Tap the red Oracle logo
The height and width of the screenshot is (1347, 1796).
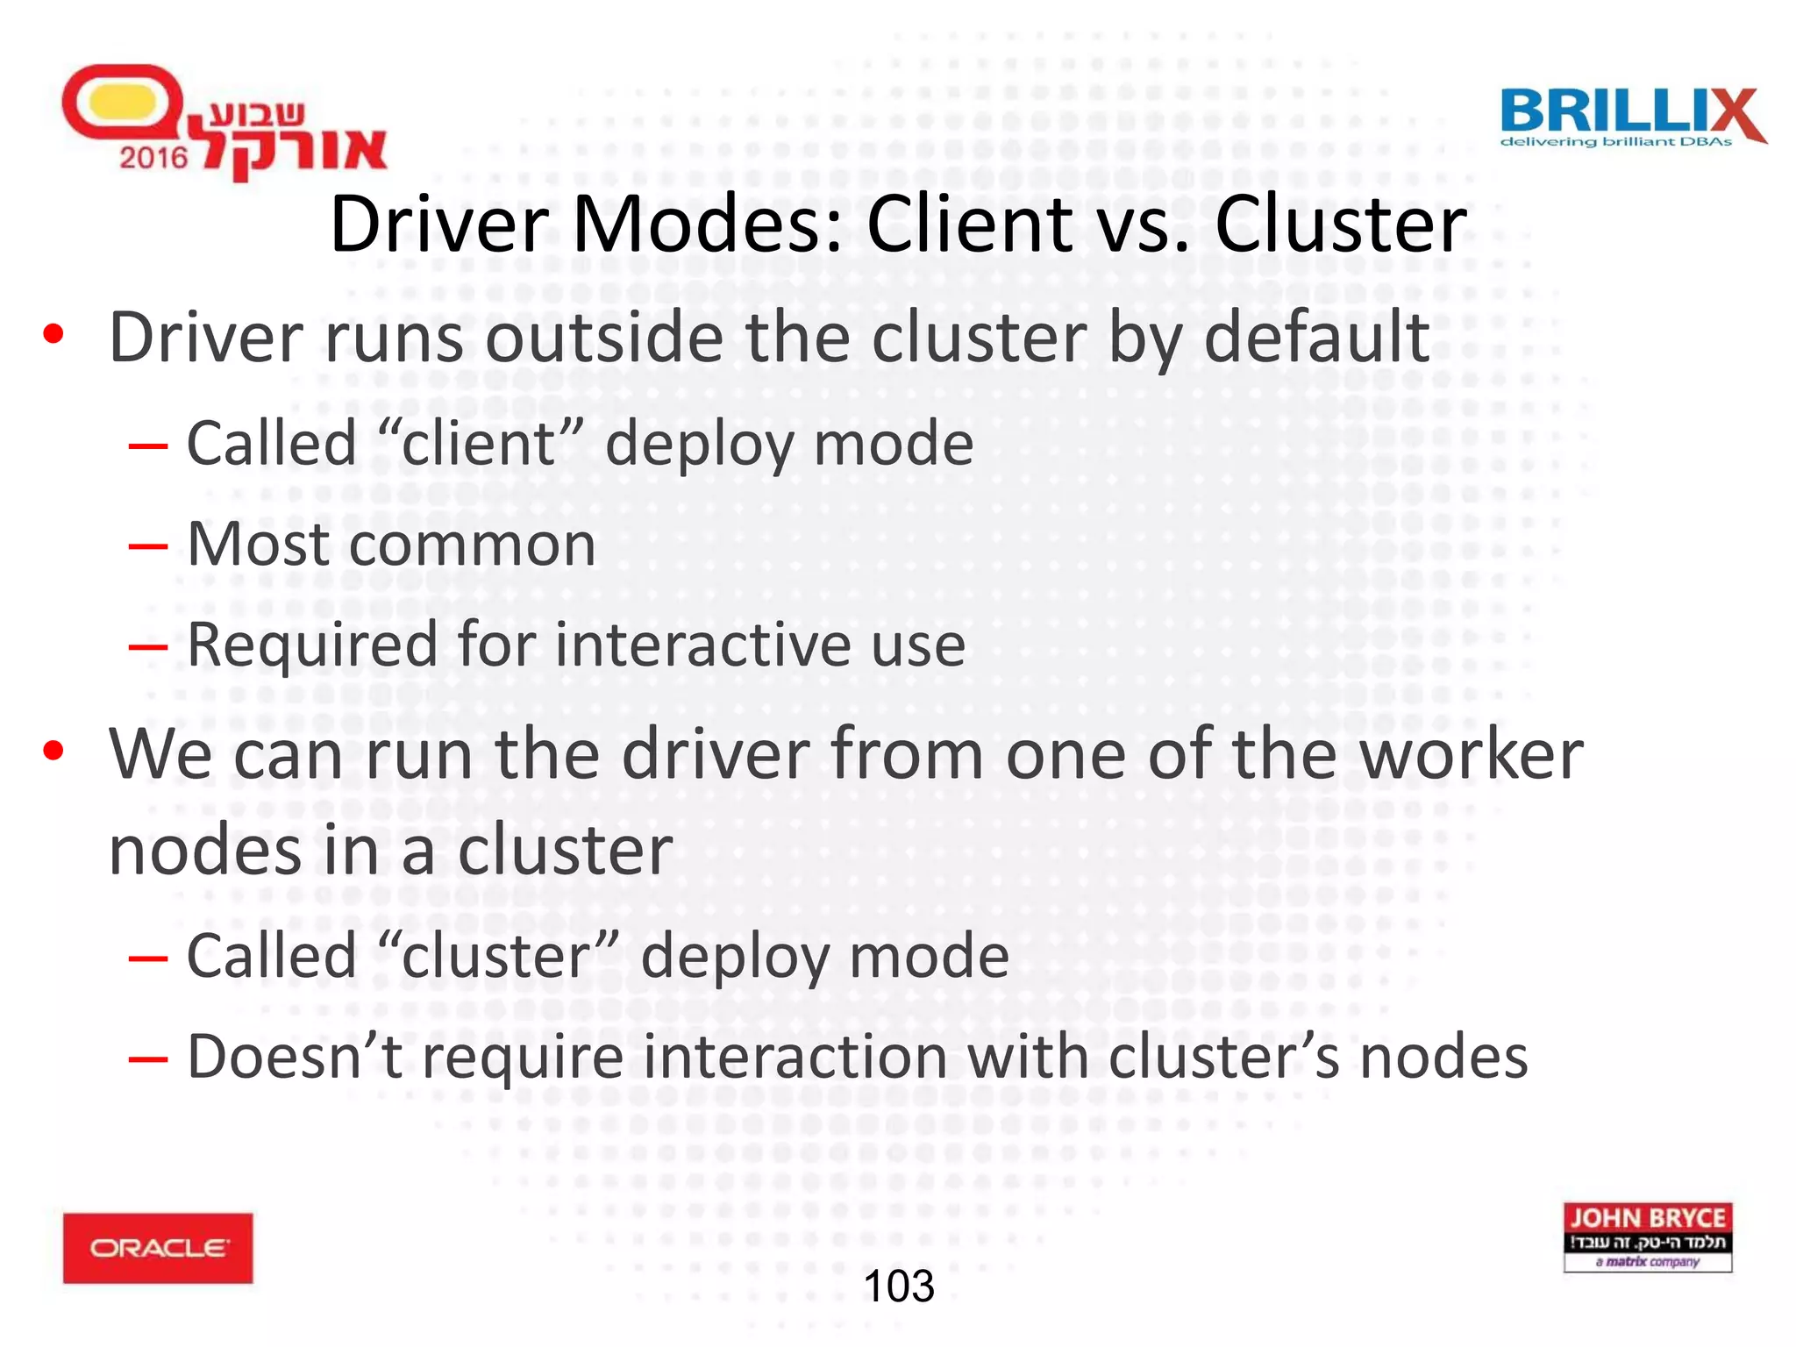pos(158,1247)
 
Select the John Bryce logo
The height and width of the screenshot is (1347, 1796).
pos(1647,1237)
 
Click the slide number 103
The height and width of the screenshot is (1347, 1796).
pos(899,1286)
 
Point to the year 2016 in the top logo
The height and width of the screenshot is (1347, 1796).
pos(153,158)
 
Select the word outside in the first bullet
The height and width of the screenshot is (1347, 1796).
pos(604,338)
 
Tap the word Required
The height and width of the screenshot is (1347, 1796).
pos(311,645)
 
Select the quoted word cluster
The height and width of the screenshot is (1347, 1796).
pos(510,955)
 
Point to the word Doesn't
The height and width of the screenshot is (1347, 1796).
pos(295,1056)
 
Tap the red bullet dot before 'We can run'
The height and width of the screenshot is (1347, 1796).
pos(53,751)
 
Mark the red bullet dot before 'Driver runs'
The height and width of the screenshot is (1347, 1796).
pos(53,334)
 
